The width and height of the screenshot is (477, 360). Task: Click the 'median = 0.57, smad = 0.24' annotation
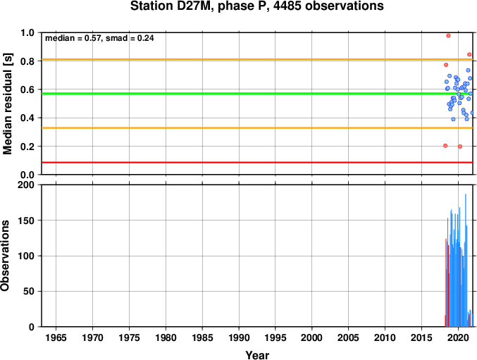point(99,38)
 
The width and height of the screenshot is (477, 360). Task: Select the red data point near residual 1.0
point(448,35)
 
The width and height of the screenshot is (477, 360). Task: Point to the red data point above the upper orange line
point(469,54)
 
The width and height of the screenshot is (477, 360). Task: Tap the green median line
point(257,93)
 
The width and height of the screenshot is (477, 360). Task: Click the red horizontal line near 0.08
point(257,162)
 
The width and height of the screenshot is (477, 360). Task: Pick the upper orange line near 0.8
point(257,59)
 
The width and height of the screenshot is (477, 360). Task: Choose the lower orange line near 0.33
point(257,128)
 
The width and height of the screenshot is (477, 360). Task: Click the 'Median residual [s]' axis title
point(7,104)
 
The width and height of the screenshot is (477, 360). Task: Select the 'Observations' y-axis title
point(5,256)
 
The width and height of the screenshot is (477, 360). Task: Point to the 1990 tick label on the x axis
point(239,337)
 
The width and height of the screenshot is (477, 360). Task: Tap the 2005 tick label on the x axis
point(348,337)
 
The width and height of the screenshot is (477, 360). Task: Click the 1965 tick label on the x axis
point(56,337)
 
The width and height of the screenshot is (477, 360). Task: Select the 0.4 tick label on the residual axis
point(27,118)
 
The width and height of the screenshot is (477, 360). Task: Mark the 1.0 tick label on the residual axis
point(27,32)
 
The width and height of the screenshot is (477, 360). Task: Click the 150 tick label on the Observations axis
point(26,221)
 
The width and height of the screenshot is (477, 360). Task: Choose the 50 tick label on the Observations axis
point(29,291)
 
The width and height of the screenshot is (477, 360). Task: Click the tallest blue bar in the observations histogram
point(466,260)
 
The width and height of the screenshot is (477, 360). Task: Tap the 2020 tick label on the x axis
point(458,337)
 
